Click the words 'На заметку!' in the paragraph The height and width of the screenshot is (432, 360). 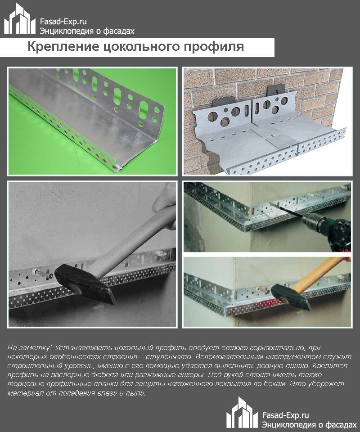click(x=26, y=348)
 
